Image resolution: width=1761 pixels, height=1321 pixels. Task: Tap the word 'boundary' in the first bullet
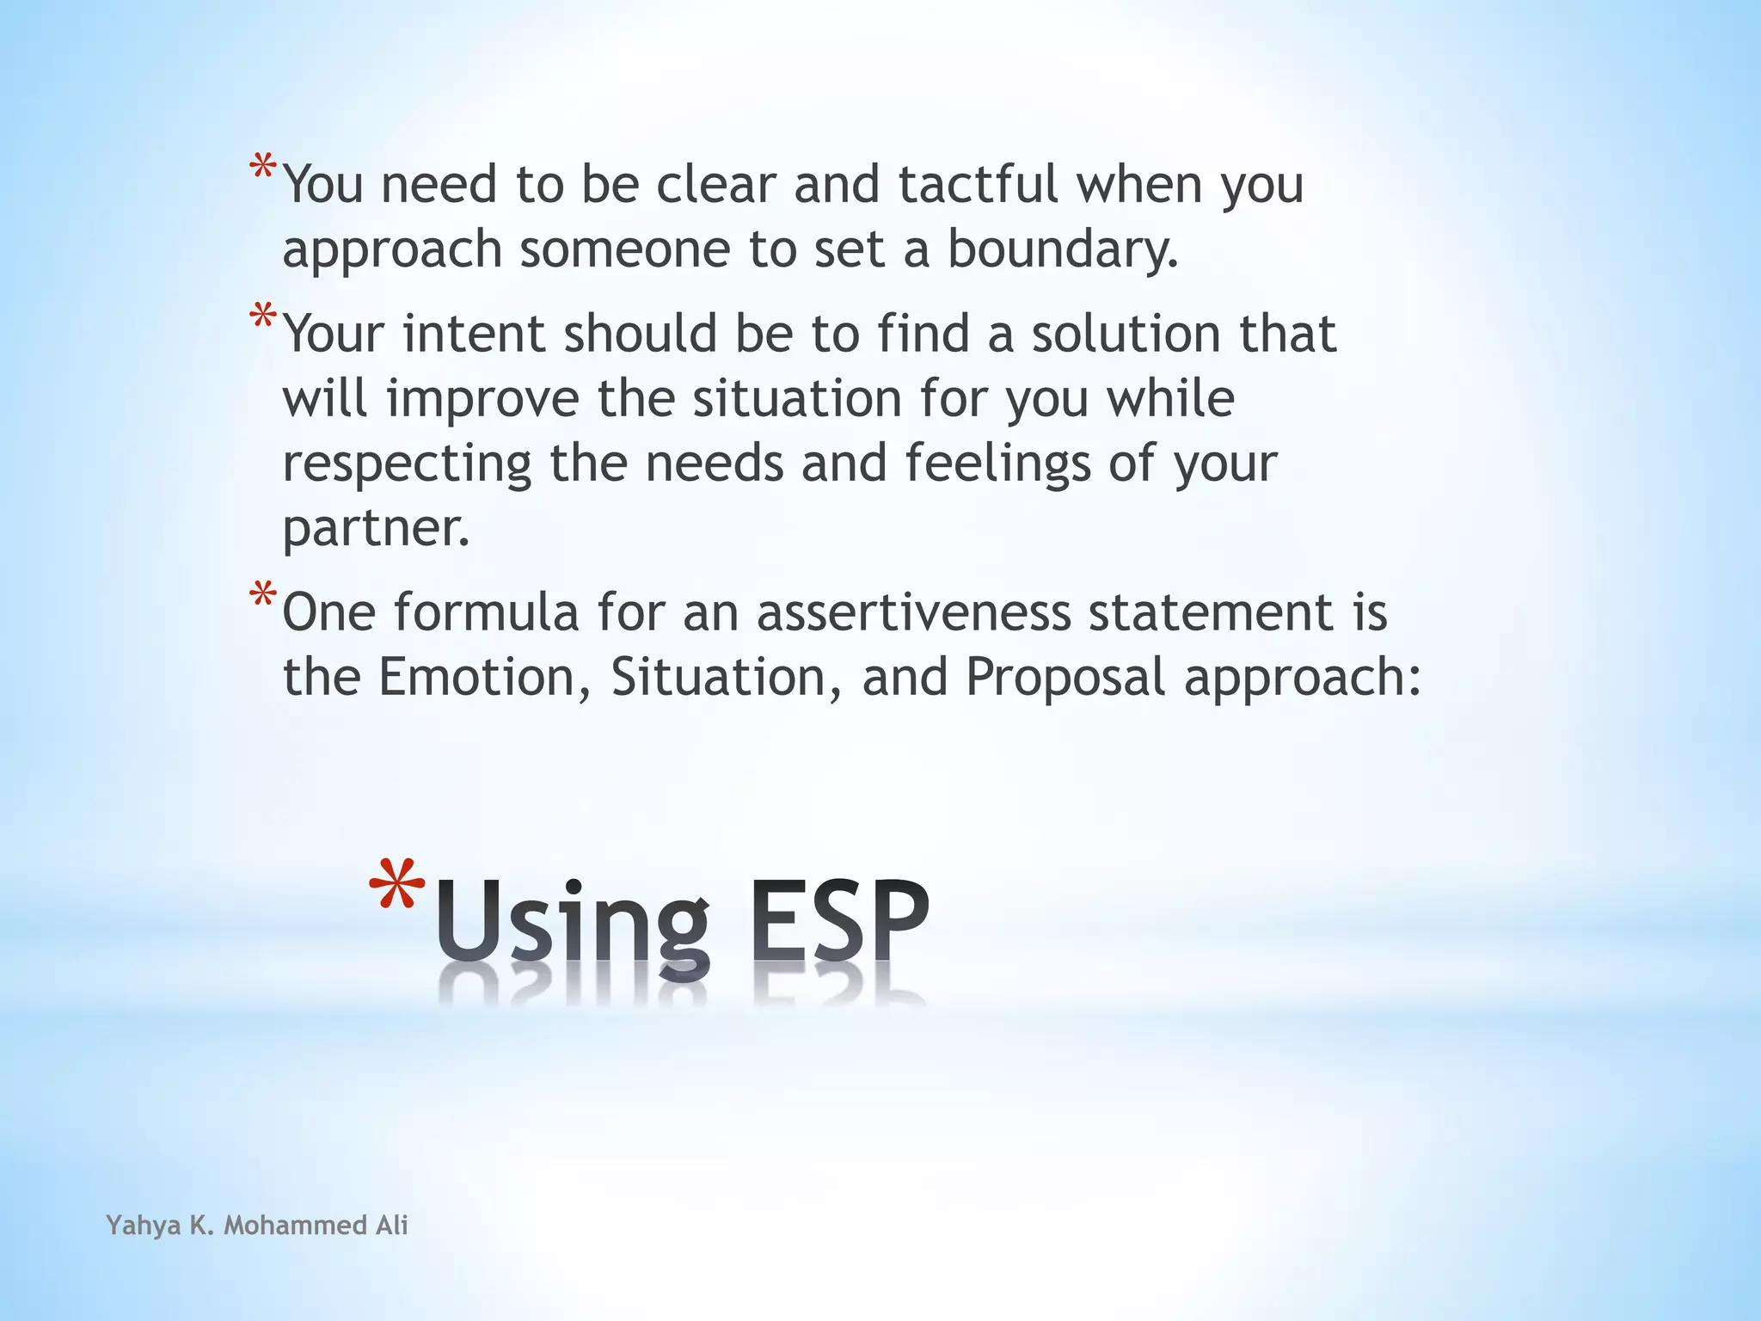click(1062, 249)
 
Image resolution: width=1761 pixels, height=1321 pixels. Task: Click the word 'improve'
click(483, 399)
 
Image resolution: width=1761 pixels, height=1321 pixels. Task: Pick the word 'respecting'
click(407, 464)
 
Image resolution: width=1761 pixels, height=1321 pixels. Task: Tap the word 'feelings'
click(997, 464)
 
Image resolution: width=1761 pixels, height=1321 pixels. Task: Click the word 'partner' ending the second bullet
click(376, 528)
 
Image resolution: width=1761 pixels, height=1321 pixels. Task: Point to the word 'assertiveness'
click(913, 612)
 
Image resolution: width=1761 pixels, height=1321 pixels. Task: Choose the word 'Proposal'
click(1065, 678)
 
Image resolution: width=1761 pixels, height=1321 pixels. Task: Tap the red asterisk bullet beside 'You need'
click(263, 167)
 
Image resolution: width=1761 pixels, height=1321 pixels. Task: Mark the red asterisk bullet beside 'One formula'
click(263, 595)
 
